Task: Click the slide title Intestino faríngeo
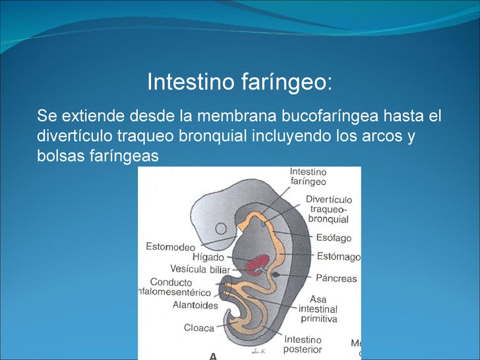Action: pos(240,83)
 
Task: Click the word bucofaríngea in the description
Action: pos(330,117)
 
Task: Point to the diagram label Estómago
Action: pos(338,256)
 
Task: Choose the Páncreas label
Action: pos(336,278)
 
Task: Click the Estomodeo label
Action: pos(170,247)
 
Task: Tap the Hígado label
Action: pos(208,257)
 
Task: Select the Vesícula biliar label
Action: pos(200,270)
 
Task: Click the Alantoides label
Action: pos(195,305)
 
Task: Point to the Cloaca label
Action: pos(199,328)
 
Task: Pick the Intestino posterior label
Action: pos(303,344)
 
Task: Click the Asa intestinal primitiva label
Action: pos(318,309)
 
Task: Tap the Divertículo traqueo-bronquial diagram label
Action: pos(328,209)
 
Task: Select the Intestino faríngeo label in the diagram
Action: pos(308,177)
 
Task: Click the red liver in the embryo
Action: pos(255,266)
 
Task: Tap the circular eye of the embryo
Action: pos(222,230)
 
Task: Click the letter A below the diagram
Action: pos(213,356)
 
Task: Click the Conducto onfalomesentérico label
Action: pos(175,287)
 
